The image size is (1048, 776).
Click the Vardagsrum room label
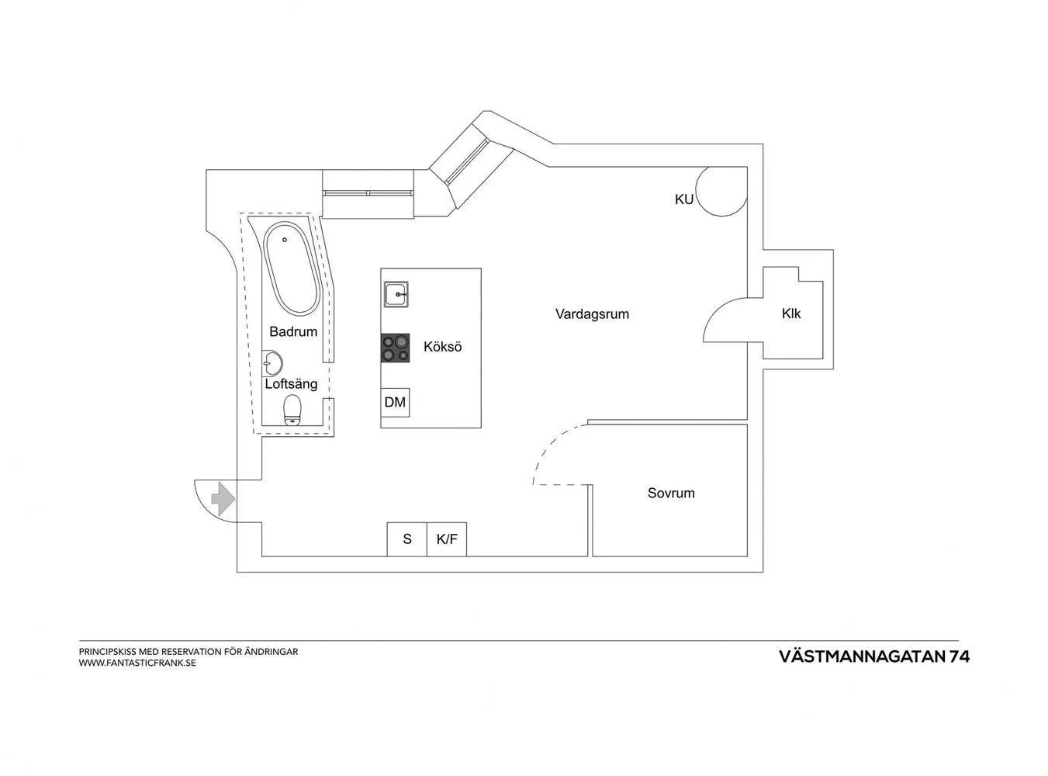coord(592,314)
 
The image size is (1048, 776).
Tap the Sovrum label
coord(671,494)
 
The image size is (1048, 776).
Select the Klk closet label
coord(791,314)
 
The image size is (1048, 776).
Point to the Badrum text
coord(293,331)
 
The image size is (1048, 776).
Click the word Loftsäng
coord(291,384)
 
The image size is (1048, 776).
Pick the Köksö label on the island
coord(442,347)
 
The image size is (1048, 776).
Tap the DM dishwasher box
coord(395,403)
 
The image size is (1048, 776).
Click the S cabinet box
coord(406,539)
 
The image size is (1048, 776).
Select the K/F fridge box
coord(447,539)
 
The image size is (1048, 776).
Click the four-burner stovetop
coord(395,348)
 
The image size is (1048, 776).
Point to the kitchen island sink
coord(396,295)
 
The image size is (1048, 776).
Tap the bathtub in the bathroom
coord(291,268)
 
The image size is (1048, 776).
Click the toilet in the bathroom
coord(292,410)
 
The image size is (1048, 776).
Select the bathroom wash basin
coord(272,363)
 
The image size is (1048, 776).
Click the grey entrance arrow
coord(223,499)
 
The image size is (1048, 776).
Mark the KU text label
coord(683,199)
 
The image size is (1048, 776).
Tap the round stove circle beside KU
coord(721,191)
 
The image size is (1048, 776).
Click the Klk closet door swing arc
coord(725,320)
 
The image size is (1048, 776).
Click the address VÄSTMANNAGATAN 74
coord(874,656)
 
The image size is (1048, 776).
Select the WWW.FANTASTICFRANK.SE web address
coord(137,663)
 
